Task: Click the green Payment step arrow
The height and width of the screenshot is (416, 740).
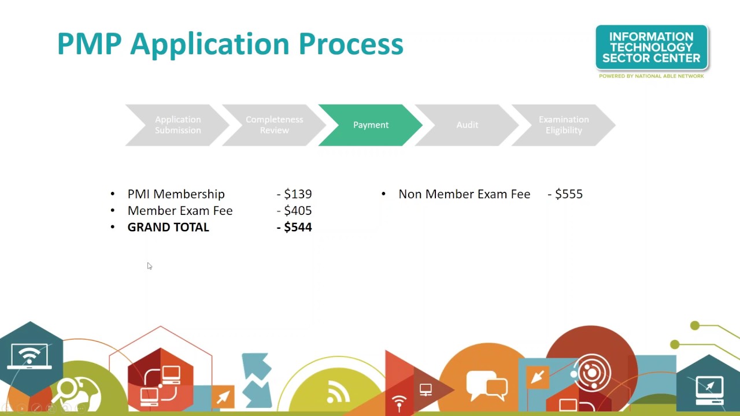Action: (371, 125)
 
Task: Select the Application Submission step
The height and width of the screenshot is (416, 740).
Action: (177, 125)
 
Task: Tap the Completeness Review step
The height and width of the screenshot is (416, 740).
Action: (274, 125)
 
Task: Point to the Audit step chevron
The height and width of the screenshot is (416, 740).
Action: (467, 125)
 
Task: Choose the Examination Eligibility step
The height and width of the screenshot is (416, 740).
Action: (564, 125)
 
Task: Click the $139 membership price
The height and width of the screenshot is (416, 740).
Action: (298, 194)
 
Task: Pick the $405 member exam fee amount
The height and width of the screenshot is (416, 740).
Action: (298, 211)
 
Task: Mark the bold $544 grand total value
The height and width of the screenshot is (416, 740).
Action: (298, 227)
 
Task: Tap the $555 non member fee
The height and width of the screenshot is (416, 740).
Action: (569, 194)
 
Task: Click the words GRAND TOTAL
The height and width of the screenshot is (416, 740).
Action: (168, 227)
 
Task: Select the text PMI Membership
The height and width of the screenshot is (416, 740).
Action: (176, 194)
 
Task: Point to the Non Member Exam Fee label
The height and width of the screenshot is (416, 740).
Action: (464, 194)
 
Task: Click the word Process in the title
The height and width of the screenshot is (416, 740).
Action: (350, 44)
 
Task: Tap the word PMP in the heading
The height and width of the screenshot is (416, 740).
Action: (90, 44)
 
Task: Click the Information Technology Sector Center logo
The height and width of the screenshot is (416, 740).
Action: (652, 47)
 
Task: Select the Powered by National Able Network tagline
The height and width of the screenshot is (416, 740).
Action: (652, 76)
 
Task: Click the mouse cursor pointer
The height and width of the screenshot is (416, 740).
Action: (149, 266)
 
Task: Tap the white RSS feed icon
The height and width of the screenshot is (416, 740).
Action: (338, 393)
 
